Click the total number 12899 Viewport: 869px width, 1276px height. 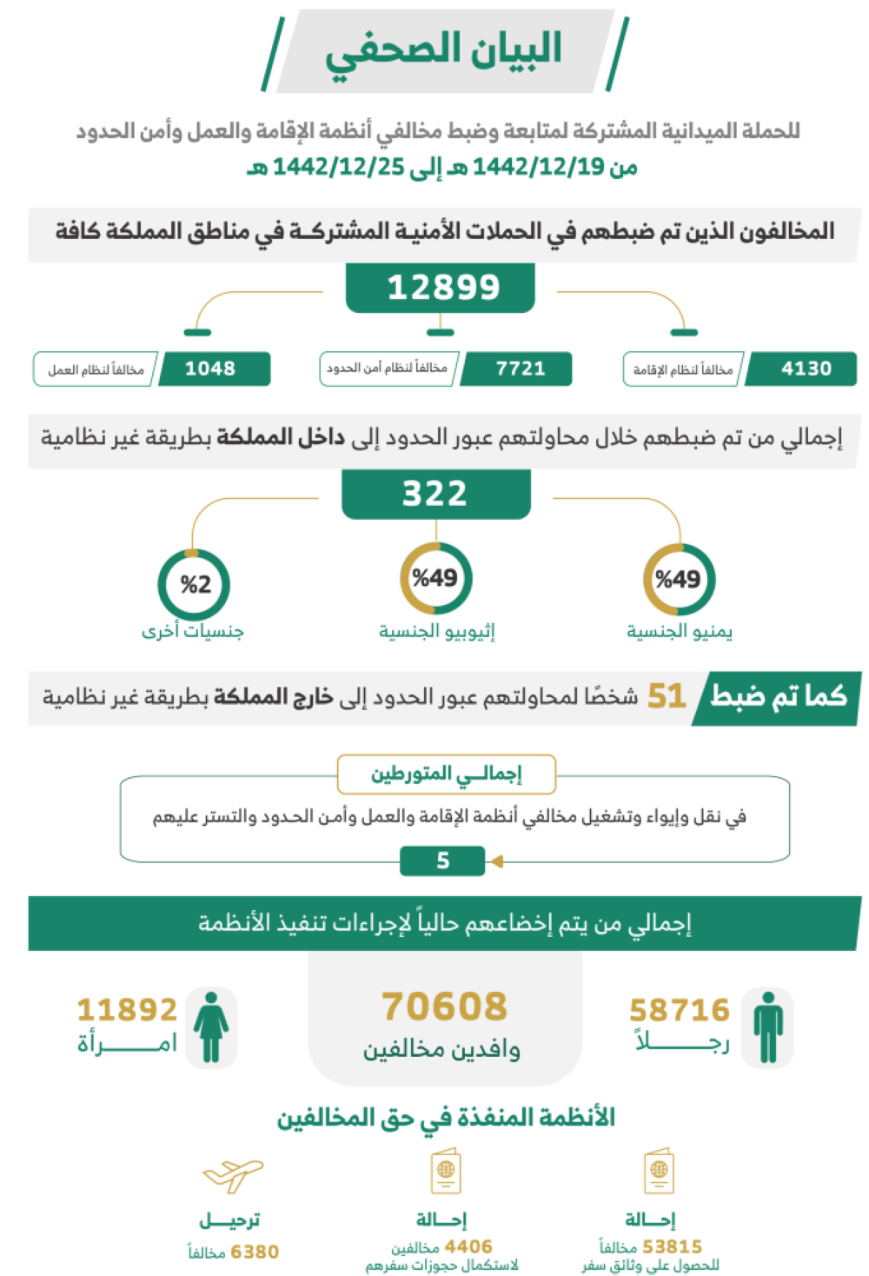(442, 288)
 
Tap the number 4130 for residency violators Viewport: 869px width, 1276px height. (806, 369)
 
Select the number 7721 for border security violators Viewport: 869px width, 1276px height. (520, 369)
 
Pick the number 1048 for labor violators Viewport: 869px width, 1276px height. (210, 369)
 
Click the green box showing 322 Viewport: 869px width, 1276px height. (435, 494)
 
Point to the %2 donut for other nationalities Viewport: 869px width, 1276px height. (194, 584)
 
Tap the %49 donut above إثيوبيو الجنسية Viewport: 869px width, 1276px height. (435, 578)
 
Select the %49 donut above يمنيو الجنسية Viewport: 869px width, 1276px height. (679, 579)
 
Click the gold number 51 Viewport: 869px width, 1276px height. (667, 696)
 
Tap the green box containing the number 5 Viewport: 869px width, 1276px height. (442, 861)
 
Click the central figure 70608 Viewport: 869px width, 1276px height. (444, 1007)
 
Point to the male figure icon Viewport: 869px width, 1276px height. (767, 1027)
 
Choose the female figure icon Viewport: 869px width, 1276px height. (211, 1027)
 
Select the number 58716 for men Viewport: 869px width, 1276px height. (679, 1010)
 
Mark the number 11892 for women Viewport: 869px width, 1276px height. (127, 1010)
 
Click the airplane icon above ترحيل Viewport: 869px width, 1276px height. (233, 1175)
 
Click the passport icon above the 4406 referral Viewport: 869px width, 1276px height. (446, 1173)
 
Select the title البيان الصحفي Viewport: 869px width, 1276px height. (443, 50)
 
